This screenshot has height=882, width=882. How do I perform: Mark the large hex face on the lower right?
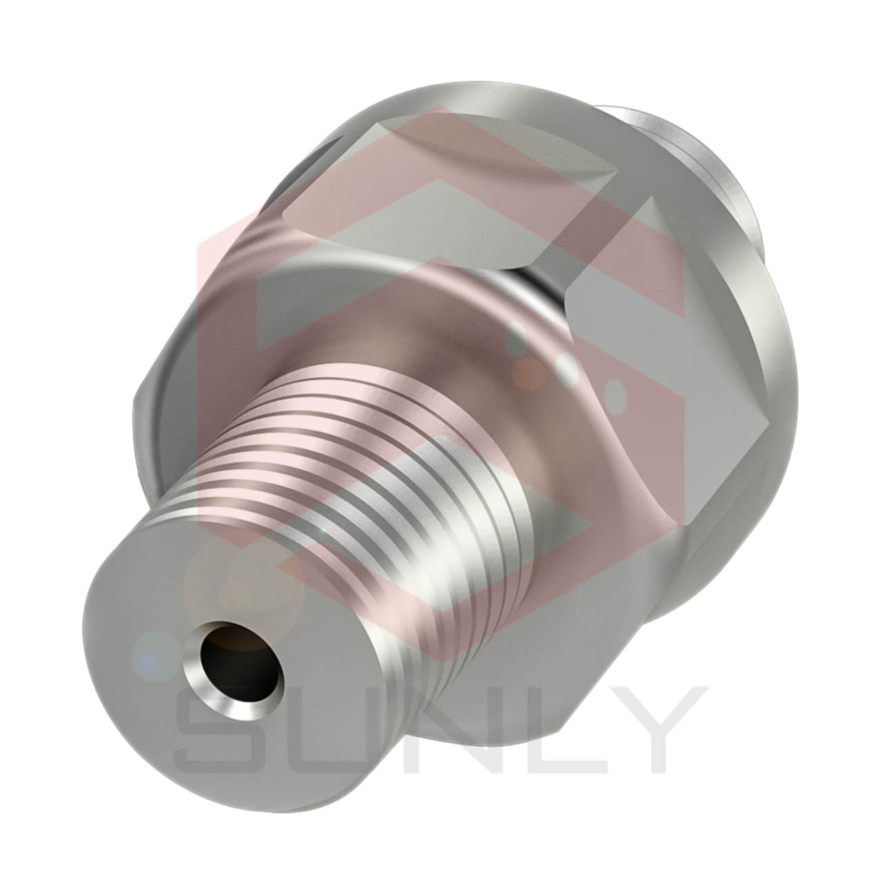point(689,448)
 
